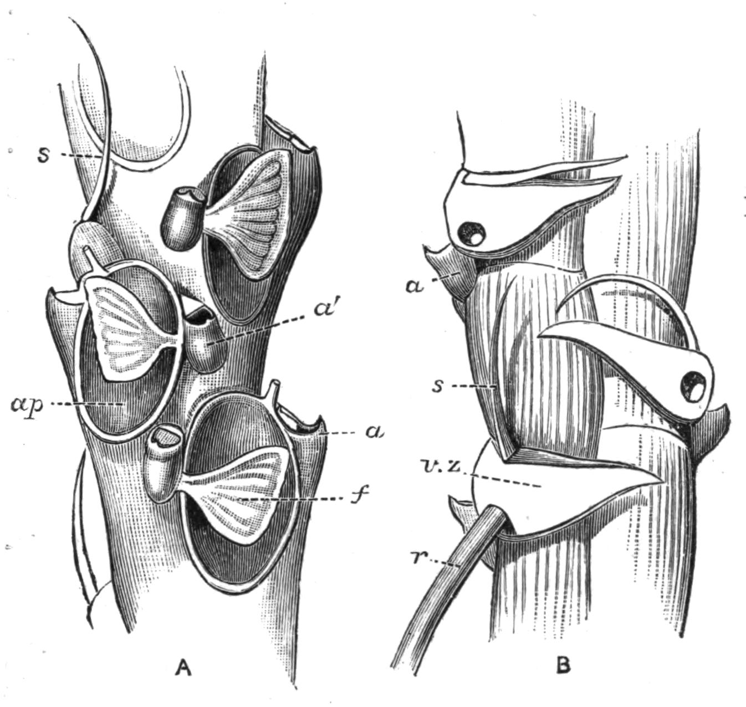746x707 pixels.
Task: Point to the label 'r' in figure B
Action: pos(420,557)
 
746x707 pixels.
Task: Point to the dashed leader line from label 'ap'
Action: pos(86,405)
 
